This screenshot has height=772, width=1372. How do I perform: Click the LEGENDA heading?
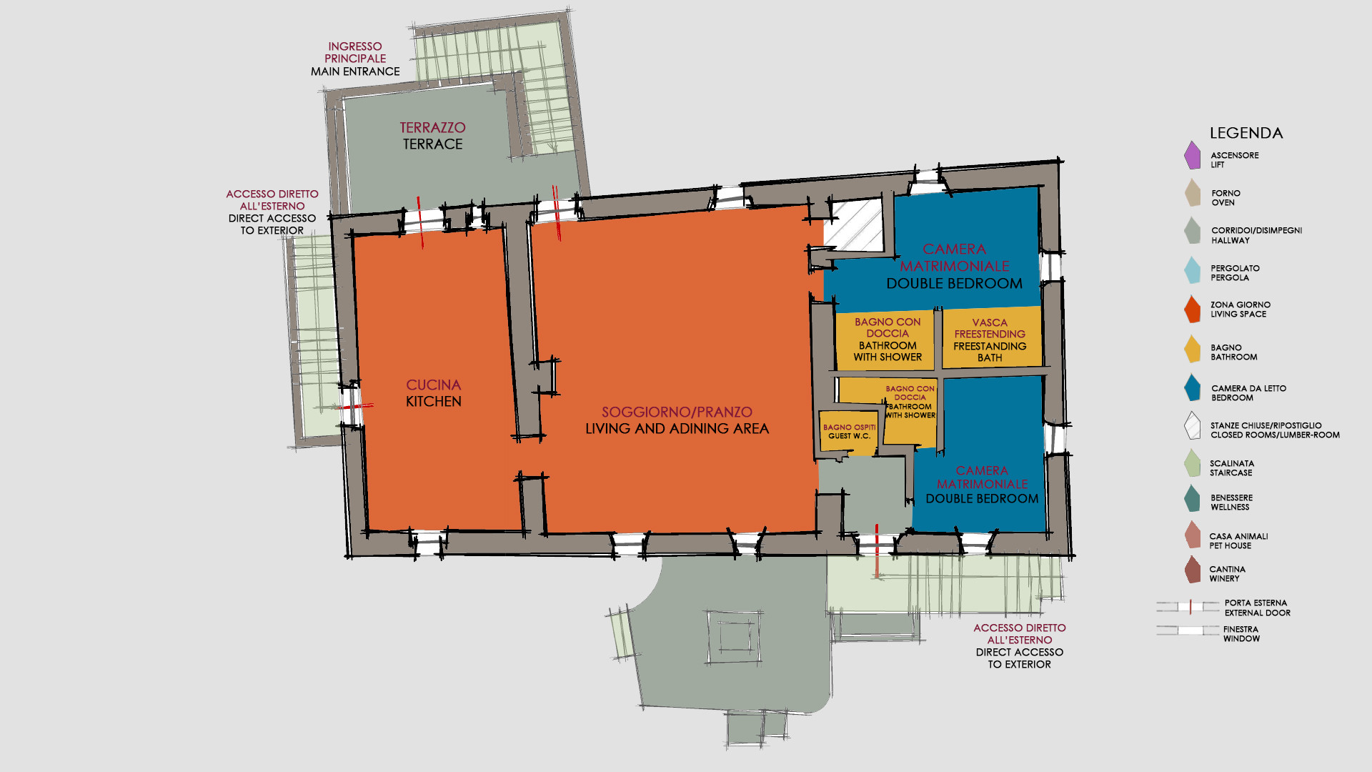[x=1246, y=133]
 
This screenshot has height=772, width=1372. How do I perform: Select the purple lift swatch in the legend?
[x=1192, y=156]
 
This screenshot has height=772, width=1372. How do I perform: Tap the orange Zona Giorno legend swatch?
[x=1192, y=310]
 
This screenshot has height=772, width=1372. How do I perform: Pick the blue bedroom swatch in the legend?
[x=1192, y=387]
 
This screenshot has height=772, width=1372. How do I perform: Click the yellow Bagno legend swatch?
[x=1192, y=349]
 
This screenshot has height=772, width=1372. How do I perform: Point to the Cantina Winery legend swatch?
[x=1192, y=570]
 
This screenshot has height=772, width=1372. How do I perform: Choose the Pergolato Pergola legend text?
[x=1235, y=273]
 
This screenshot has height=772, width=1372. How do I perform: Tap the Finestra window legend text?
[x=1241, y=634]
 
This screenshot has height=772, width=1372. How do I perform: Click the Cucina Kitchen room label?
[x=433, y=393]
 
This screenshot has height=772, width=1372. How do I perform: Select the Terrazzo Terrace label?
[x=432, y=136]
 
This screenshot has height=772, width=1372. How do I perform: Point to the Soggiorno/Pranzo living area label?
[x=677, y=420]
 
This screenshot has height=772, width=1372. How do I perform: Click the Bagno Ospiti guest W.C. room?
[x=848, y=432]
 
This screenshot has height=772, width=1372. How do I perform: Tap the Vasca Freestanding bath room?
[x=990, y=337]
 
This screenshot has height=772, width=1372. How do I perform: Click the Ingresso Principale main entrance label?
[x=355, y=59]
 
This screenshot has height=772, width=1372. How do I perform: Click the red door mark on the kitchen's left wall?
[x=355, y=406]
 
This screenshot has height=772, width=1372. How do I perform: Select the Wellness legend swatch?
[x=1192, y=498]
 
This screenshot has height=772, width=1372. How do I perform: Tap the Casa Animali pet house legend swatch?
[x=1192, y=535]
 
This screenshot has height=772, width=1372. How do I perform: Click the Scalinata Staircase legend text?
[x=1231, y=468]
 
